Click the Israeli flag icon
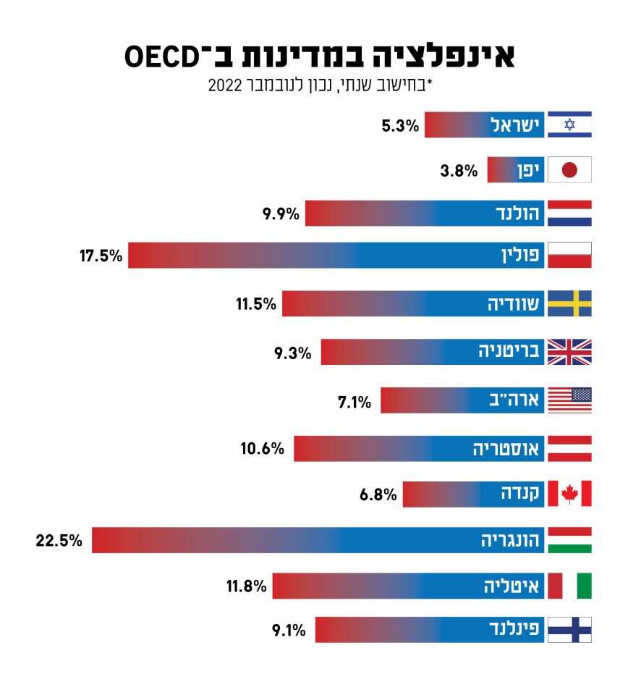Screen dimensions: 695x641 (x=569, y=125)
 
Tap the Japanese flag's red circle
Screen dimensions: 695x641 (x=569, y=170)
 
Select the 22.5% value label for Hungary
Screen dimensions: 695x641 (x=59, y=540)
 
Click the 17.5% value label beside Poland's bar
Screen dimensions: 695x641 (x=101, y=256)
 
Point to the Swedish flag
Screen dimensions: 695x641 (x=569, y=303)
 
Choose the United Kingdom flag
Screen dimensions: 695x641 (x=569, y=352)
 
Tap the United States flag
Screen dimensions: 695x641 (x=569, y=400)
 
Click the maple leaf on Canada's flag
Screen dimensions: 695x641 (x=569, y=493)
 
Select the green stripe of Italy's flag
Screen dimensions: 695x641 (x=584, y=586)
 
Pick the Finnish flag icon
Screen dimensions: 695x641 (x=569, y=630)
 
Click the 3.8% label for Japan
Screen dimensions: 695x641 (x=459, y=172)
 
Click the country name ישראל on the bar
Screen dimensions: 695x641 (x=516, y=125)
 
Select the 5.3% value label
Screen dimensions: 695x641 (x=400, y=126)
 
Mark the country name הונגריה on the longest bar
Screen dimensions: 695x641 (x=511, y=540)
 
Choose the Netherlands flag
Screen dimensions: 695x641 (x=569, y=213)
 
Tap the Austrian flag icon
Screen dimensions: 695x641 (x=569, y=448)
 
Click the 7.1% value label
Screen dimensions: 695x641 (x=355, y=401)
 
